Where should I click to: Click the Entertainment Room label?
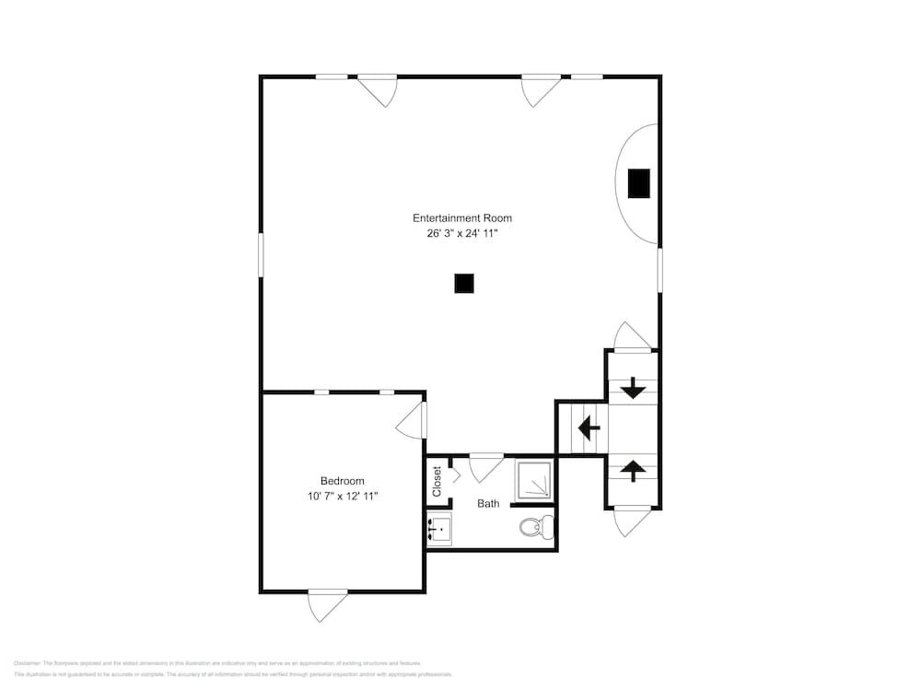pos(461,218)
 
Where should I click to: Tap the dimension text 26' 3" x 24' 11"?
pos(461,234)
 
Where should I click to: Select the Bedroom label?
pos(342,481)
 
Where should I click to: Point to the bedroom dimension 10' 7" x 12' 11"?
pos(342,497)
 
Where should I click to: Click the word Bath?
pos(488,504)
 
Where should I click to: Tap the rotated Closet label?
pos(437,480)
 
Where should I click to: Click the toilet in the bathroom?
pos(536,527)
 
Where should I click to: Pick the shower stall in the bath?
pos(533,480)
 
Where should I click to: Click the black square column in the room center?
pos(464,284)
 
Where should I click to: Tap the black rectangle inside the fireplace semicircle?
pos(639,183)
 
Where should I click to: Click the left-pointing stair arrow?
pos(588,428)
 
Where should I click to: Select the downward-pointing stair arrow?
pos(633,389)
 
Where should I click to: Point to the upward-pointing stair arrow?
pos(633,470)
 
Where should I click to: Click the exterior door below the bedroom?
pos(327,603)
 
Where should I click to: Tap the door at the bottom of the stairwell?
pos(632,521)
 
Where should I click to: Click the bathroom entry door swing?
pos(485,467)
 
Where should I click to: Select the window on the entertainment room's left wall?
pos(261,253)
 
